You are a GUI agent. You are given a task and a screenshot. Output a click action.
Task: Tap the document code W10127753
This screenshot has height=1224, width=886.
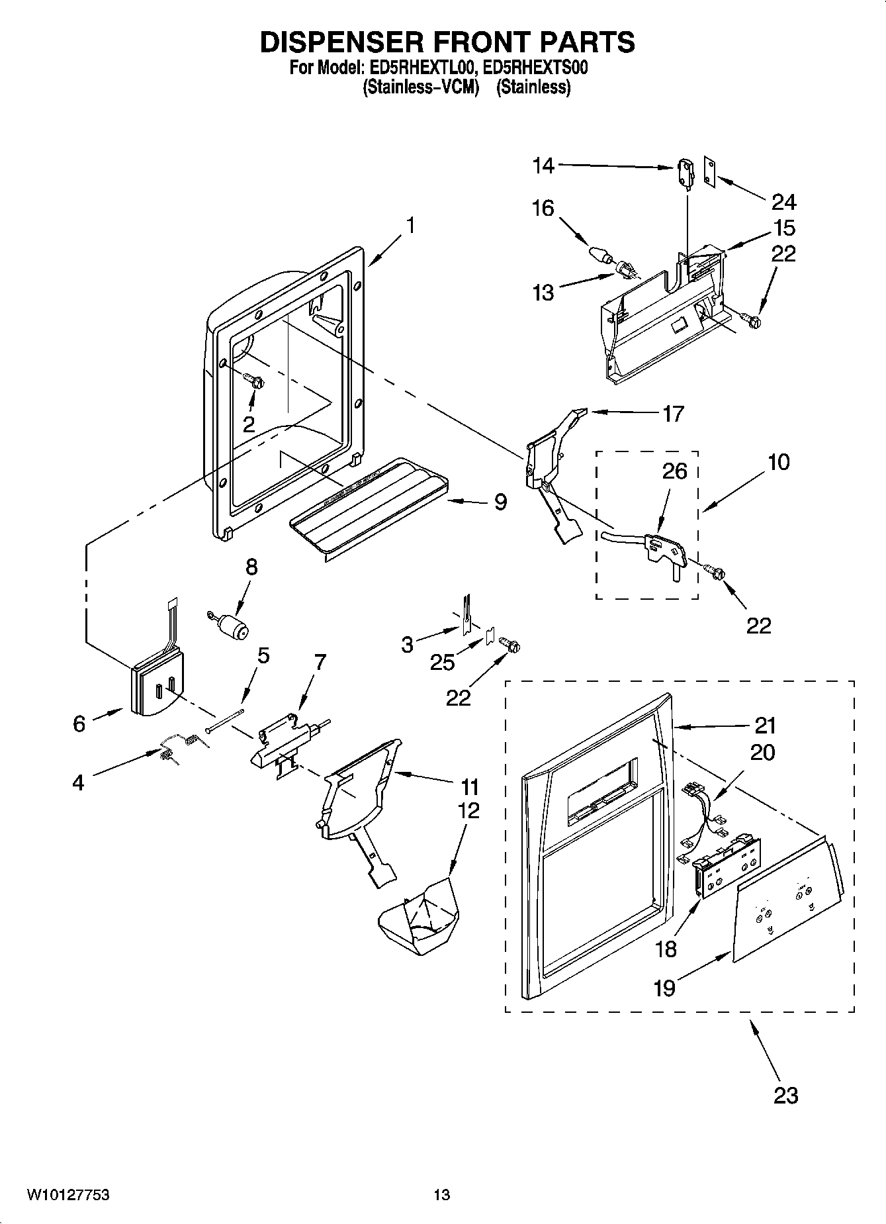pos(68,1195)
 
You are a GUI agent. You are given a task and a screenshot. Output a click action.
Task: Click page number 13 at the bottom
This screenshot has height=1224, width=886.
pos(442,1195)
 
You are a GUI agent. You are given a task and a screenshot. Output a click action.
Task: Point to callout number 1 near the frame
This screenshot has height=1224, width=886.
pos(410,226)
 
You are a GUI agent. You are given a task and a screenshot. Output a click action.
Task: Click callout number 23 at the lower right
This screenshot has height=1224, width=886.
pos(786,1095)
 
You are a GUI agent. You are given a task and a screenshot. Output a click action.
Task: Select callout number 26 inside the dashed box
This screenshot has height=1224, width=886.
pos(674,471)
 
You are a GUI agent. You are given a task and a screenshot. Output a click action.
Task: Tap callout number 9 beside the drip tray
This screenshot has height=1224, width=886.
pos(500,502)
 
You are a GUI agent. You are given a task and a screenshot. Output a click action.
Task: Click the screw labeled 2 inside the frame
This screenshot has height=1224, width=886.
pos(254,381)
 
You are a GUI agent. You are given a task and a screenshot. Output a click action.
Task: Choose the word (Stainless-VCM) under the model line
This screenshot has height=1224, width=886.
pos(421,87)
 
